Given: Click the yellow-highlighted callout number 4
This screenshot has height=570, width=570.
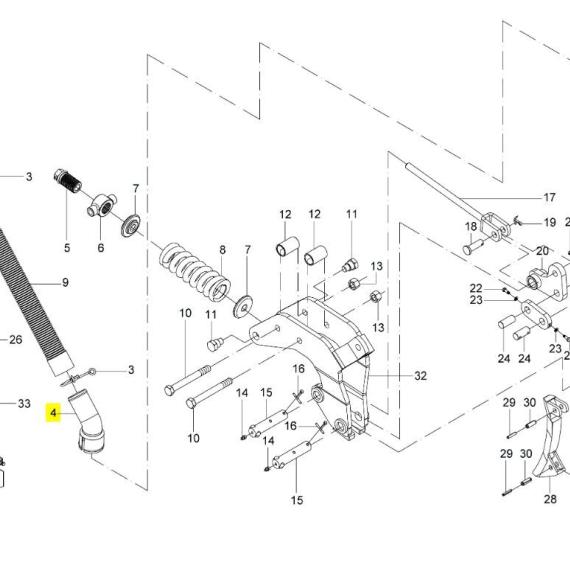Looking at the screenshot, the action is [x=53, y=413].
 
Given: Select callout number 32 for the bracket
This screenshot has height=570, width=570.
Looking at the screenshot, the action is [x=420, y=376].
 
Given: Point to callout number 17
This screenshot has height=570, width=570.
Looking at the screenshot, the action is [x=549, y=197].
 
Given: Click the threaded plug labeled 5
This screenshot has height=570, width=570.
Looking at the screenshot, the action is [x=68, y=180].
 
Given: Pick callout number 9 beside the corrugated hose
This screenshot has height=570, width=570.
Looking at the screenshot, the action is [x=65, y=282].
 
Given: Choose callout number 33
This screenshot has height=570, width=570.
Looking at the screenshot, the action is [x=24, y=404].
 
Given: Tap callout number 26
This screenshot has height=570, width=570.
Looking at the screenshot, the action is [x=16, y=340].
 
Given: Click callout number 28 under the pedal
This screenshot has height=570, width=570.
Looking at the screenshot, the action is [x=550, y=499].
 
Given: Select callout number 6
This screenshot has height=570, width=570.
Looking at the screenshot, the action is [x=101, y=248].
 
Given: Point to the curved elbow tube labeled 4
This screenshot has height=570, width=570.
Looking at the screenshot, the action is [x=88, y=421].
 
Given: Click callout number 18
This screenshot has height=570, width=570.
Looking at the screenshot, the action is [x=471, y=226].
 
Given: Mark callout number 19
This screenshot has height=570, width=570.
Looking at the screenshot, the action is [x=550, y=222].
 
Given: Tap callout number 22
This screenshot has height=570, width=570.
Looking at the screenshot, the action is [x=476, y=288].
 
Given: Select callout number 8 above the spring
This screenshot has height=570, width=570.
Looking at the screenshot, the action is [x=222, y=250].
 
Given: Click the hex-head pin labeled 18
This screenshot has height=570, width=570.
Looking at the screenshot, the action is [x=473, y=247].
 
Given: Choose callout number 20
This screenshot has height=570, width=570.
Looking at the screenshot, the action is [x=542, y=251].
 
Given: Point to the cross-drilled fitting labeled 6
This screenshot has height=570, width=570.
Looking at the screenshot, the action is [x=102, y=206].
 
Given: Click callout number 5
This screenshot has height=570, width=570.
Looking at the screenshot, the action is [x=67, y=248].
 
